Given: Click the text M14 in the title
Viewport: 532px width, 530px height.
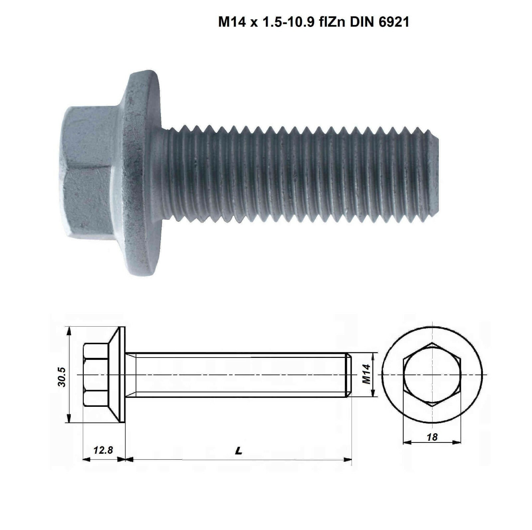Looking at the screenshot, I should (232, 22).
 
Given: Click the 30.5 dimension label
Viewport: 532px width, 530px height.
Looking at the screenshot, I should (62, 377).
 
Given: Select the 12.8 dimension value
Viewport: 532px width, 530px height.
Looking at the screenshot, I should (103, 450).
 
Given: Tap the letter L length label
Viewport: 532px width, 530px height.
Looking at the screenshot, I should (238, 451).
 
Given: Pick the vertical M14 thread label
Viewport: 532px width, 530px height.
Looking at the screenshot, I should (366, 374).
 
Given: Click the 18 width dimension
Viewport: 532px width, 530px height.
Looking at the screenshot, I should (432, 437).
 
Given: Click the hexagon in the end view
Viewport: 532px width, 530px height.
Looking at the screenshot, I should (432, 374).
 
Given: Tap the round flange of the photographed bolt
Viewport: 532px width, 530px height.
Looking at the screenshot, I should (141, 173).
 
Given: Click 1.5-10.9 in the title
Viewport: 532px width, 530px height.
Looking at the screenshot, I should (288, 22).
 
